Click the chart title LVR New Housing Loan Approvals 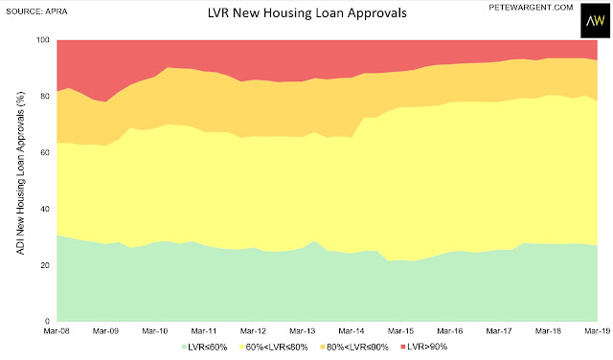(x=306, y=12)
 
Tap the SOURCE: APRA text (x=36, y=11)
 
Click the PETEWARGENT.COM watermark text (x=531, y=8)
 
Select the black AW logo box (x=595, y=21)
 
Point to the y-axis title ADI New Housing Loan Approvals (x=21, y=173)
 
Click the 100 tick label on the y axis (x=43, y=40)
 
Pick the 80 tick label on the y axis (x=45, y=96)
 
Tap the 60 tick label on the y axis (x=45, y=152)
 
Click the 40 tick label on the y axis (x=45, y=209)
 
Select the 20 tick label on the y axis (x=45, y=265)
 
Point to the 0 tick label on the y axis (x=48, y=322)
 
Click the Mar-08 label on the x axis (x=57, y=331)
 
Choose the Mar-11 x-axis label (x=204, y=331)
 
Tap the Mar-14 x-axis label (x=352, y=331)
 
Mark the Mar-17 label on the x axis (x=499, y=331)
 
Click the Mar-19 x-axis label (x=597, y=331)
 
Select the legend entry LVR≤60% (x=205, y=347)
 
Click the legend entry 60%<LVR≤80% (x=274, y=347)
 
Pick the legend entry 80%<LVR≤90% (x=354, y=347)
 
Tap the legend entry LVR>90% (x=424, y=347)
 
